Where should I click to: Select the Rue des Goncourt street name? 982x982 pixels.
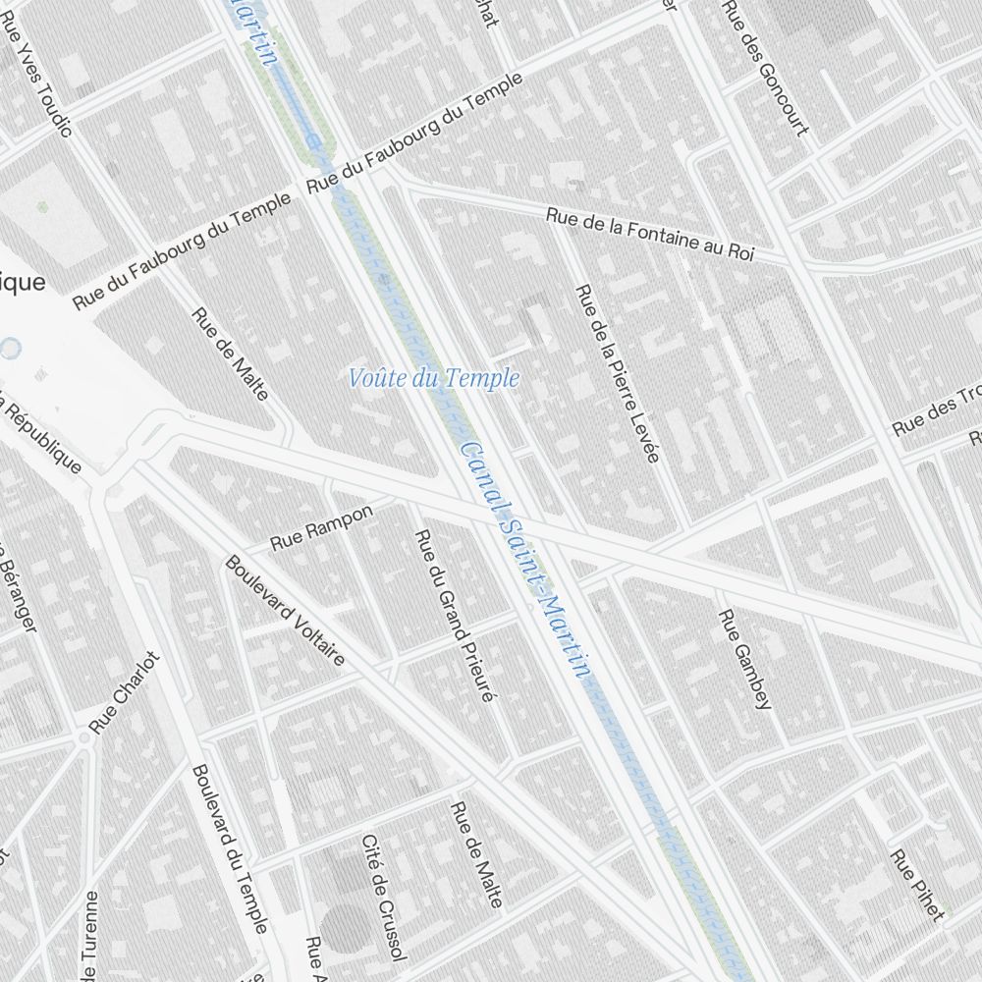[x=765, y=67]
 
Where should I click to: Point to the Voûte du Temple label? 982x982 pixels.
[x=434, y=378]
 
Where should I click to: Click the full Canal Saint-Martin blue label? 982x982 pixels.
[x=525, y=560]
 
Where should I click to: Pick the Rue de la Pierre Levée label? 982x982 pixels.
[x=618, y=373]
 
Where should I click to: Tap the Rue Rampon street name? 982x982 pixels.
[x=322, y=527]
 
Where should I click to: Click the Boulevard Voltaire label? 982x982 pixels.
[x=285, y=610]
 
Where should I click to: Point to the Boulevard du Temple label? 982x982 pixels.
[x=230, y=848]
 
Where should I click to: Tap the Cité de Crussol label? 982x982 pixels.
[x=383, y=898]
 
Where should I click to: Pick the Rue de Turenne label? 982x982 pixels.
[x=90, y=938]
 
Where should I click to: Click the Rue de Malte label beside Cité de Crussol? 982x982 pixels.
[x=476, y=854]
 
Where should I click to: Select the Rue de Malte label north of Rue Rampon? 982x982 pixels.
[x=230, y=354]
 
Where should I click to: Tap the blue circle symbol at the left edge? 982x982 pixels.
[x=10, y=349]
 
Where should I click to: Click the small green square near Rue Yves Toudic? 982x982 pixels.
[x=42, y=207]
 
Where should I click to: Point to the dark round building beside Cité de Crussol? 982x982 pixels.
[x=345, y=928]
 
